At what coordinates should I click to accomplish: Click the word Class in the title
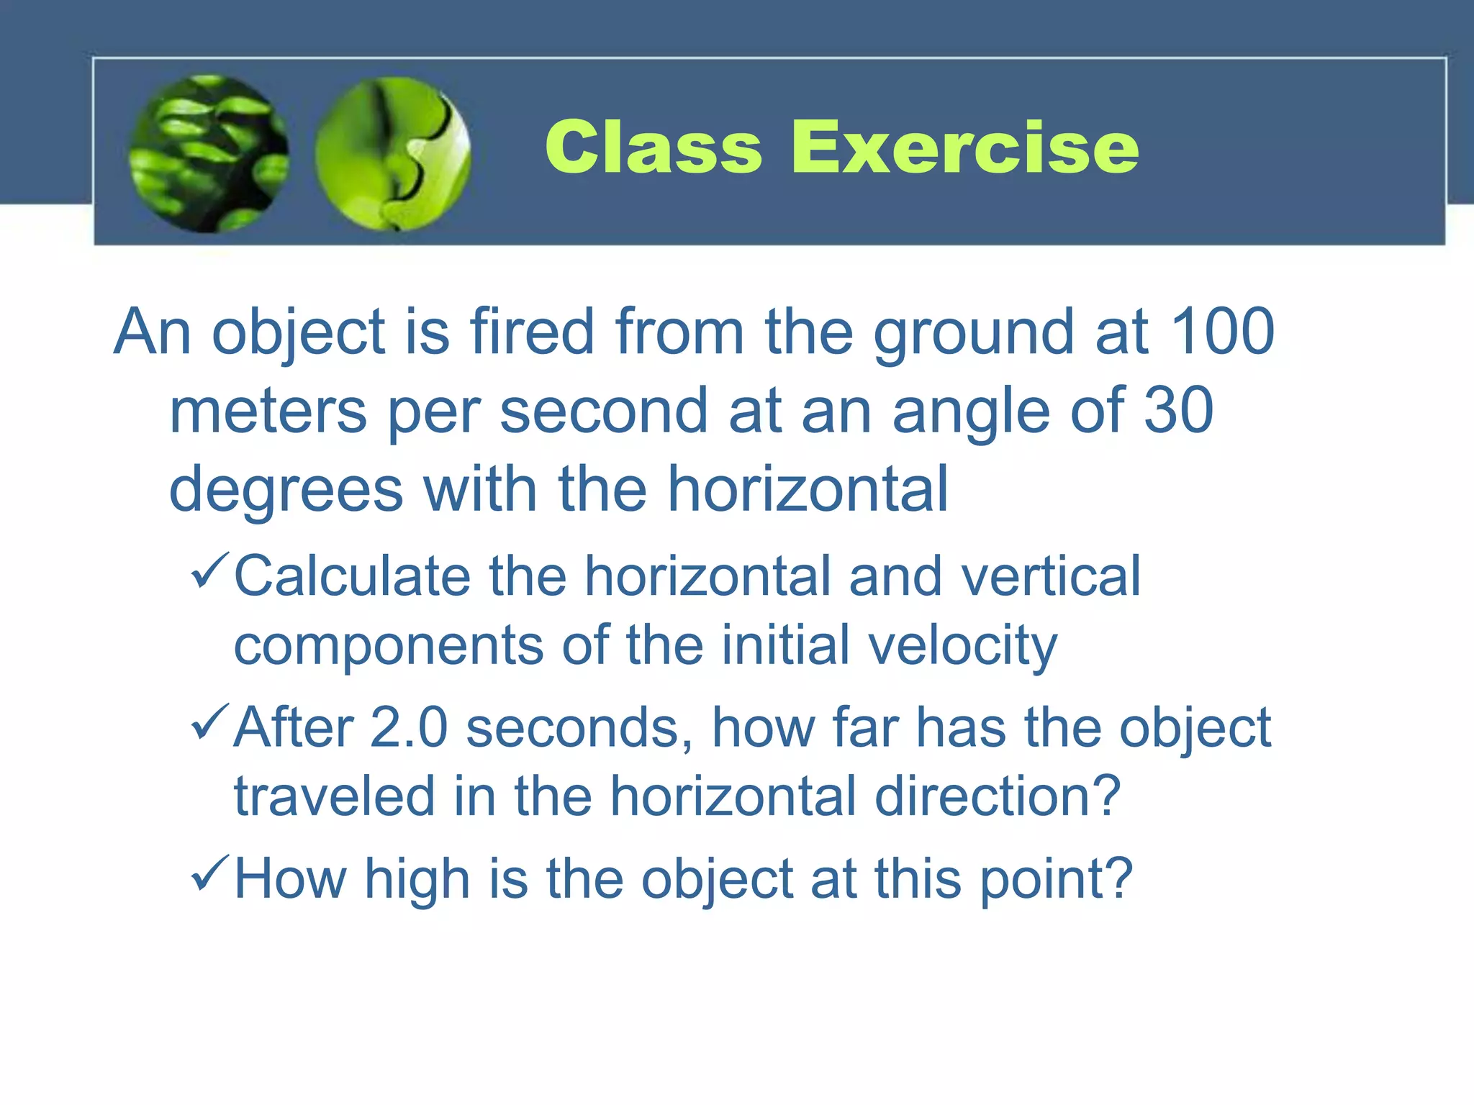[x=653, y=147]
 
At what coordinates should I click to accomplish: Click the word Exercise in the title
[x=964, y=147]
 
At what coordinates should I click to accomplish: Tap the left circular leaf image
[x=209, y=154]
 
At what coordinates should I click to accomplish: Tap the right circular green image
[x=393, y=154]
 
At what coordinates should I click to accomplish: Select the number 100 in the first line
[x=1223, y=332]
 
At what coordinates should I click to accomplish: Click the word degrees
[x=286, y=491]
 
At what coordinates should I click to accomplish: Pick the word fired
[x=532, y=332]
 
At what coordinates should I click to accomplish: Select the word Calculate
[x=352, y=576]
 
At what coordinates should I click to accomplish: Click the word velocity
[x=963, y=646]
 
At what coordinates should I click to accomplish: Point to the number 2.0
[x=409, y=728]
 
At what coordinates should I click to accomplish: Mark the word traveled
[x=335, y=797]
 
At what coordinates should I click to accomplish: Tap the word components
[x=389, y=646]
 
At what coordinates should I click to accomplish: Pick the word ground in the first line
[x=974, y=333]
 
